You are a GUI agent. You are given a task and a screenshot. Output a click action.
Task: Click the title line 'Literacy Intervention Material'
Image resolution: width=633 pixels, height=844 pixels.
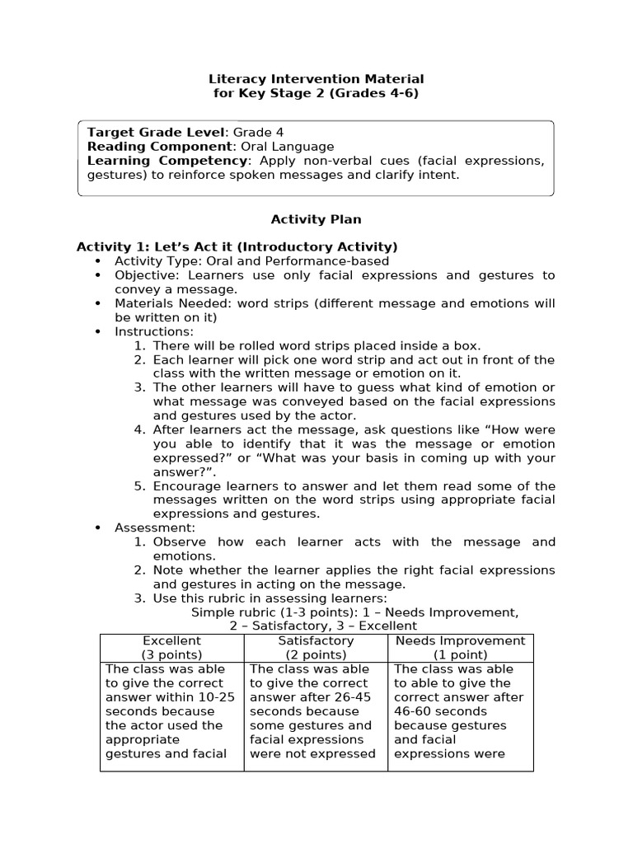(316, 79)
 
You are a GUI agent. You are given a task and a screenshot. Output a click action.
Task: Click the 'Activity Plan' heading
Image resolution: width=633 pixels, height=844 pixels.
(316, 219)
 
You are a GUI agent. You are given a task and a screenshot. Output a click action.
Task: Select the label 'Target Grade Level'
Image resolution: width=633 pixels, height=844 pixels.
(156, 132)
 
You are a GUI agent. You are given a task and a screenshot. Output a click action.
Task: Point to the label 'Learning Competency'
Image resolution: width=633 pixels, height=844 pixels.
(167, 160)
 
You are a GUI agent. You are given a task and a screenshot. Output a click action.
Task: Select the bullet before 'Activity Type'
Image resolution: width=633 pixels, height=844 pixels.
(98, 261)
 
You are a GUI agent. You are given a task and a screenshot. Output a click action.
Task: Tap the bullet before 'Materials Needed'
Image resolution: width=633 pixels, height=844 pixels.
(98, 303)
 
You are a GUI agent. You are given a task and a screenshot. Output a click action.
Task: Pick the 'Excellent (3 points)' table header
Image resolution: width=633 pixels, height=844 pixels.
(171, 648)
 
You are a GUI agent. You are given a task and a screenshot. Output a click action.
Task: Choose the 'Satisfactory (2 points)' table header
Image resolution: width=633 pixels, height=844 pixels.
(316, 648)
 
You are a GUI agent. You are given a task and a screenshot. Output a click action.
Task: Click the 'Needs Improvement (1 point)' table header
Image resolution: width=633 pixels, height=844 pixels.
(460, 648)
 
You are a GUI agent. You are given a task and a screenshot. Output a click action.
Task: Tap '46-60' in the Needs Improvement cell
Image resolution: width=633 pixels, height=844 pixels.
(412, 711)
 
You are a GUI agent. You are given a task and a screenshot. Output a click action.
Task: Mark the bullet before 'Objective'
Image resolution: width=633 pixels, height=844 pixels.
(98, 275)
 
